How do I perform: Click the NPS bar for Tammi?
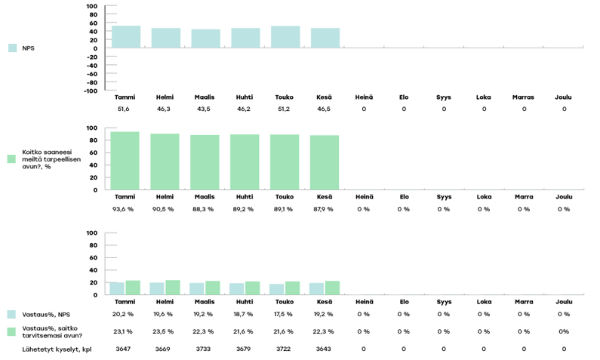(x=125, y=37)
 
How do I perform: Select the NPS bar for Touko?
(x=285, y=37)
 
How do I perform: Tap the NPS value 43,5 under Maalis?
(x=205, y=109)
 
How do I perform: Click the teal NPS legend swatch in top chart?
(x=12, y=48)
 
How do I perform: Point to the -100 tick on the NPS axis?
(x=91, y=91)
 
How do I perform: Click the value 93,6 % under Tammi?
(x=125, y=209)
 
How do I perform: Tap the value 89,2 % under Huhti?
(x=245, y=209)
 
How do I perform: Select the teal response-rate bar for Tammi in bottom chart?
(x=117, y=288)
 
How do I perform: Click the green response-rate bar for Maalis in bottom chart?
(x=213, y=288)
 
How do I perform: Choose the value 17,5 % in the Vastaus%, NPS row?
(x=284, y=314)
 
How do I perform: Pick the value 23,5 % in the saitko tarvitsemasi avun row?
(x=164, y=331)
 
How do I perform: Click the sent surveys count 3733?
(x=204, y=349)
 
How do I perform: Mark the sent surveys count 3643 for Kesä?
(x=324, y=349)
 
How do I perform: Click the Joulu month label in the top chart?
(x=563, y=97)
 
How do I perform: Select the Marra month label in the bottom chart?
(x=523, y=301)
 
